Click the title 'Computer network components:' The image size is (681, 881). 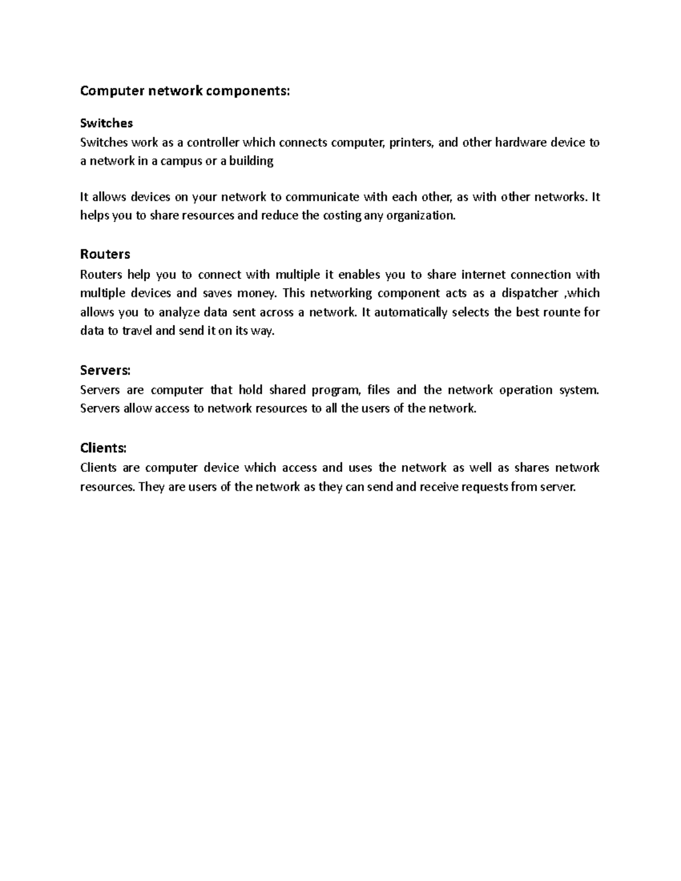pos(184,91)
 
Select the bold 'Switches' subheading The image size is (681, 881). pos(107,123)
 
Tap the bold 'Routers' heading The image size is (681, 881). pos(106,254)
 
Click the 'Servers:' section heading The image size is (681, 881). pos(106,370)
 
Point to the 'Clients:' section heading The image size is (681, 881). pos(103,448)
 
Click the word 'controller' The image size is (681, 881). pos(213,142)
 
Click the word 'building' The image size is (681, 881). pos(251,161)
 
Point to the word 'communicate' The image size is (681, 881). pos(322,197)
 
